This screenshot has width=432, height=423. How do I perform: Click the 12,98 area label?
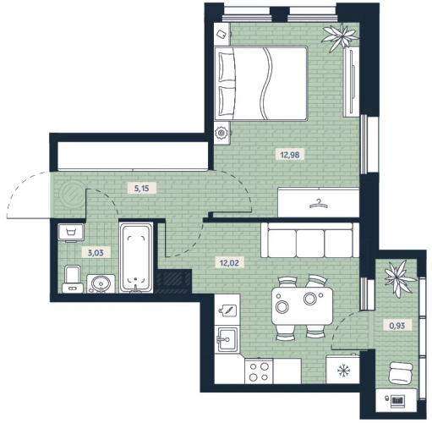tap(290, 155)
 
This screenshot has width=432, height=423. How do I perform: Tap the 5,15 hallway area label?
tap(141, 188)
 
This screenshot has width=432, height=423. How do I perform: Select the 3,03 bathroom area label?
tap(96, 253)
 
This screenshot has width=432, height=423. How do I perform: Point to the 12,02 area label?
tap(229, 263)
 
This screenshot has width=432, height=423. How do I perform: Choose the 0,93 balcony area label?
tap(396, 326)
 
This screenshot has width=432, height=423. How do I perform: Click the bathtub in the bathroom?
tap(136, 257)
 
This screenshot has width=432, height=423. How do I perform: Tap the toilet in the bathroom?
tap(73, 278)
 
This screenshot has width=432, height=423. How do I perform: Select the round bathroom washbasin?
tap(101, 283)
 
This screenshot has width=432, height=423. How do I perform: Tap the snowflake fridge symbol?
tap(343, 371)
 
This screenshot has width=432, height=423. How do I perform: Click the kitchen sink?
tap(227, 339)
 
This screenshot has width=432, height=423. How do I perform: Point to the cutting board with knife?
tap(227, 310)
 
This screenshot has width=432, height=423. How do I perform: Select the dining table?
tap(302, 305)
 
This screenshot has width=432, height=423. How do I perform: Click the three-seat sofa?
tap(310, 240)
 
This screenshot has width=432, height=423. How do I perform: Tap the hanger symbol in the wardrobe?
tap(319, 204)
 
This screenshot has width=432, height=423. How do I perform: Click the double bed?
tap(260, 83)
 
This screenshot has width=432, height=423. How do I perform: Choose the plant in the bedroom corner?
tap(341, 37)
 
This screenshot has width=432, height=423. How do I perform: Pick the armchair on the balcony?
tap(401, 373)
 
